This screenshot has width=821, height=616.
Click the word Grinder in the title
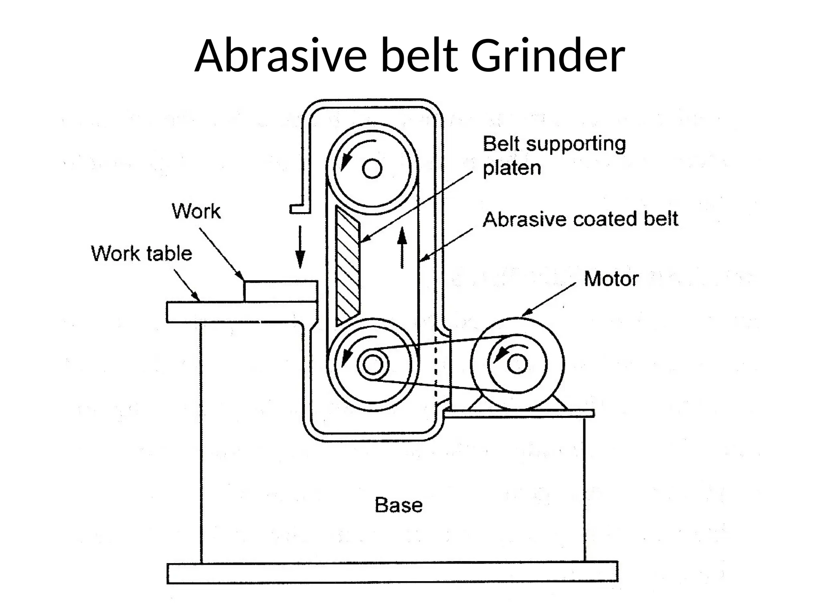[x=548, y=56]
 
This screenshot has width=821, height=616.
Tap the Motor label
[x=611, y=279]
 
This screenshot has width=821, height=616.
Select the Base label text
[x=398, y=505]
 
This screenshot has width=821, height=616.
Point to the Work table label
[x=142, y=254]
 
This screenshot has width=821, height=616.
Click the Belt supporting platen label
[x=554, y=156]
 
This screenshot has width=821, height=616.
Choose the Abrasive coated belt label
[x=580, y=219]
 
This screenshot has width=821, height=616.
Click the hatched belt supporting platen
[x=347, y=265]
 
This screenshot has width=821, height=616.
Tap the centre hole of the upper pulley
[x=372, y=168]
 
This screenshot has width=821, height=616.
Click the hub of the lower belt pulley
[x=373, y=365]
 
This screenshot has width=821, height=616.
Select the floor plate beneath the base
[x=392, y=573]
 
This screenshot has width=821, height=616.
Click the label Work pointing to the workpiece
[x=196, y=211]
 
